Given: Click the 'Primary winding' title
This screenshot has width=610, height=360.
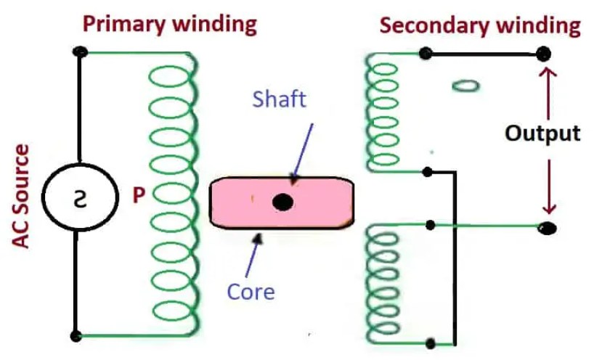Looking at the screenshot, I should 170,24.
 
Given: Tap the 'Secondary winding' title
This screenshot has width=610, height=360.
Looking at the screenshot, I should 480,26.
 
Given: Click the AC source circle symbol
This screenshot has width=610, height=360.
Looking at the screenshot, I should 77,197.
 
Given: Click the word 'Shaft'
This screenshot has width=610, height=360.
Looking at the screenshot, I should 280,99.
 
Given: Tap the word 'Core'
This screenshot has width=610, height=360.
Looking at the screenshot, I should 251,292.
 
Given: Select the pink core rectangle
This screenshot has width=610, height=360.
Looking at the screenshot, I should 240,202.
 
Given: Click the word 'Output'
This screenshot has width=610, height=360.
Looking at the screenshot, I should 543,134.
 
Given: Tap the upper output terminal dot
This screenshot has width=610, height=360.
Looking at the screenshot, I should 542,53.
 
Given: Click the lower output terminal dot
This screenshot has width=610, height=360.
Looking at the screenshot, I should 547,228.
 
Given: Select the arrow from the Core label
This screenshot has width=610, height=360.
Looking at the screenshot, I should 254,254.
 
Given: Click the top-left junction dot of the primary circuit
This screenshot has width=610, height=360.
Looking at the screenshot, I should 80,52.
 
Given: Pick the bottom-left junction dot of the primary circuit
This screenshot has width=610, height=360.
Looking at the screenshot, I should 75,336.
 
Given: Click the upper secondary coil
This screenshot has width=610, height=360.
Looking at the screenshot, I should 383,112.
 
